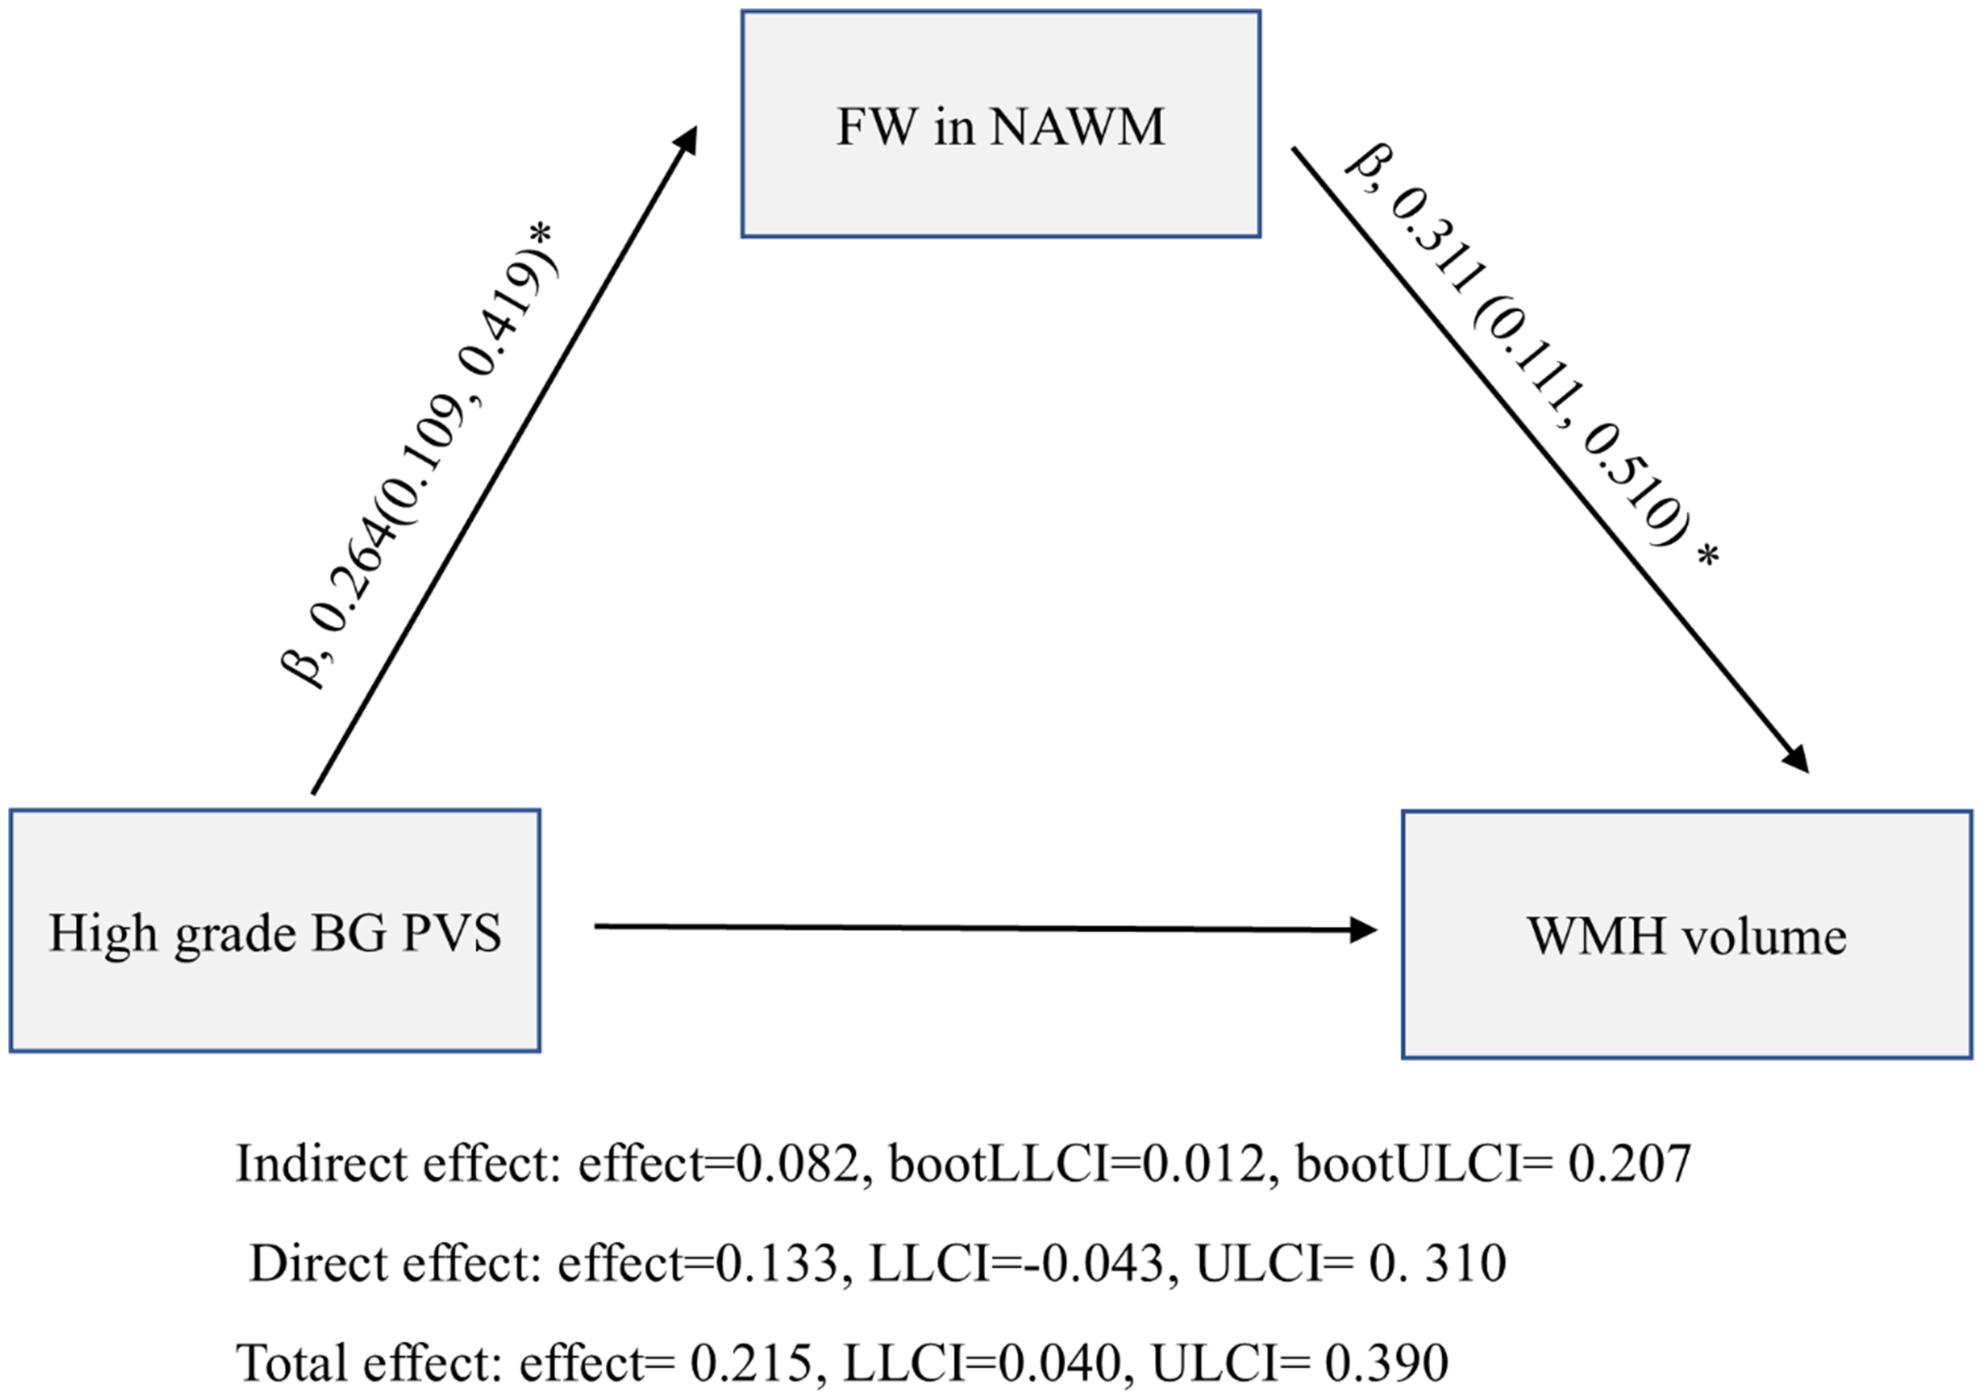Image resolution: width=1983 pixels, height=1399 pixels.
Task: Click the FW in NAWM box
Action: click(x=1000, y=125)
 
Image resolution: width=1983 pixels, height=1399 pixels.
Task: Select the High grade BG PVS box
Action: click(x=274, y=932)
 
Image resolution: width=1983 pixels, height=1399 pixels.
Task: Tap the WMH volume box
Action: click(x=1686, y=935)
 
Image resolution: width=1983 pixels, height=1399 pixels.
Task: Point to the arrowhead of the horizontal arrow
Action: click(x=1363, y=930)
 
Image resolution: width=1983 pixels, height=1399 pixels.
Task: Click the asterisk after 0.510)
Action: click(x=1708, y=557)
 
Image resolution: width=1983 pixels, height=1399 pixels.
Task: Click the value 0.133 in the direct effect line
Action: click(x=777, y=1263)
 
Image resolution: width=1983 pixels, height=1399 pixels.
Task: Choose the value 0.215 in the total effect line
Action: click(x=751, y=1363)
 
